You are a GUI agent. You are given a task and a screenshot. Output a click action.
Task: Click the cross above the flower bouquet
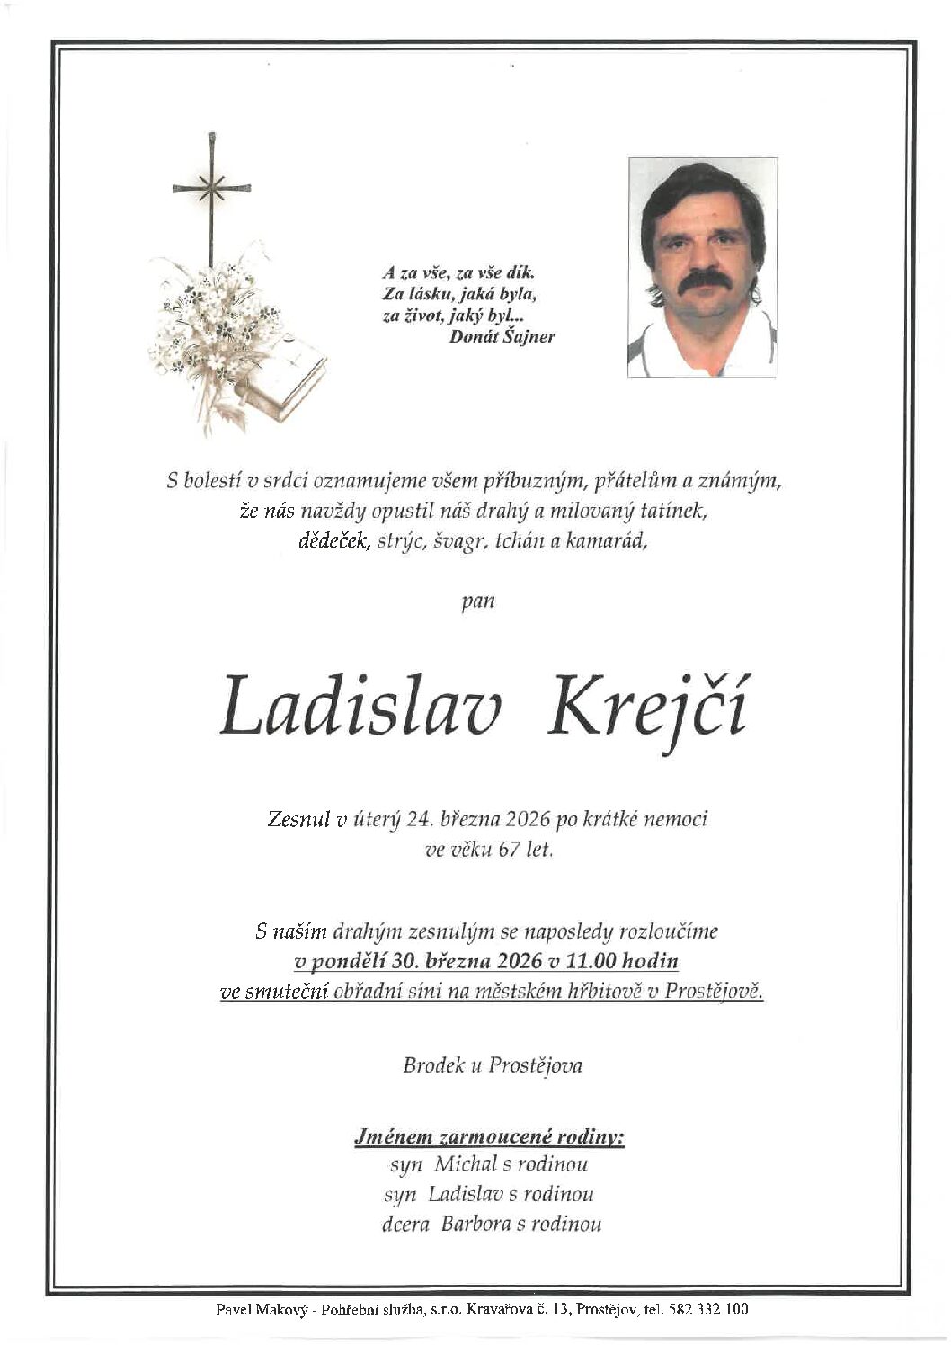point(212,191)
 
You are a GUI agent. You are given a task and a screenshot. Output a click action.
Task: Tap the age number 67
point(509,849)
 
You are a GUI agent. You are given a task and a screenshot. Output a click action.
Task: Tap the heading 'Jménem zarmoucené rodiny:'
point(490,1137)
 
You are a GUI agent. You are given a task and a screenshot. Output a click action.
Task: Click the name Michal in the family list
point(466,1164)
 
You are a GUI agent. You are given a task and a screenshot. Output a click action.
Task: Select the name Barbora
point(476,1224)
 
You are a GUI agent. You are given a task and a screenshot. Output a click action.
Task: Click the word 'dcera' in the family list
point(406,1224)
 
